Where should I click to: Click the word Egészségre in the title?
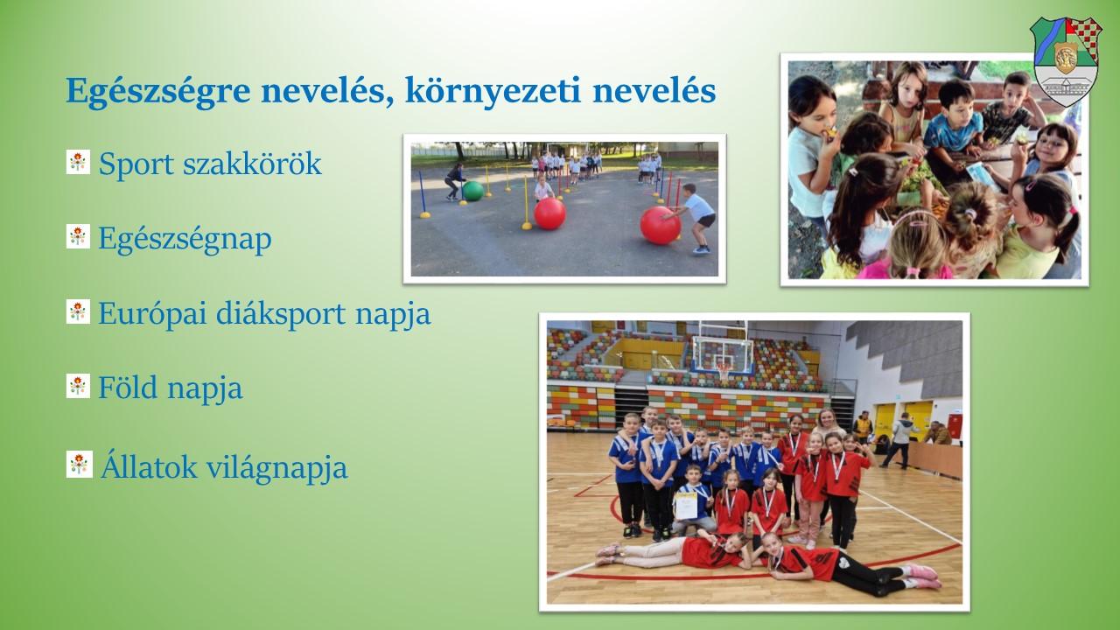158,92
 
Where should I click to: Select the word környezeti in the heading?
493,92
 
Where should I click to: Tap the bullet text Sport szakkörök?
210,164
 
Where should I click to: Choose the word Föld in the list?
128,388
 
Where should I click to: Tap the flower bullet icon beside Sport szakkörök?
78,162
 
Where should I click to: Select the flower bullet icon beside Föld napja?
78,386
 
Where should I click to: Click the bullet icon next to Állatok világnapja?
80,464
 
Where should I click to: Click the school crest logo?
1066,61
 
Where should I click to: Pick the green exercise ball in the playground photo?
472,191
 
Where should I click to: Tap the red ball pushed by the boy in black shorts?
661,226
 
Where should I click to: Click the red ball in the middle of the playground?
549,213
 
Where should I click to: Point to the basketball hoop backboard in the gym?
724,356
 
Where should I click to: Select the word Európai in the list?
152,314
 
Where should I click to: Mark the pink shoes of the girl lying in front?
922,576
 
